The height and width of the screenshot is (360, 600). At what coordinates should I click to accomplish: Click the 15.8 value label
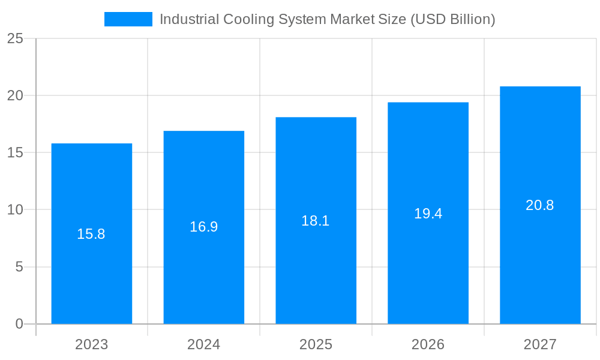tap(91, 234)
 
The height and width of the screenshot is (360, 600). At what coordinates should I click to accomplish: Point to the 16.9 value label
tap(204, 227)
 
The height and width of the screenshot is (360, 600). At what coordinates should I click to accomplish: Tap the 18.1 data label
tap(316, 221)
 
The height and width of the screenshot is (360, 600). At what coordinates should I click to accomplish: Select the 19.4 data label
tap(428, 213)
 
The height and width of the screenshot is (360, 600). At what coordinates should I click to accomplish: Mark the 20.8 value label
tap(540, 205)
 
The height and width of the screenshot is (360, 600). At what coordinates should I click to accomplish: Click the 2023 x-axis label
tap(92, 344)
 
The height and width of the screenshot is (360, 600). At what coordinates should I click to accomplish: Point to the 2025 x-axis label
tap(316, 344)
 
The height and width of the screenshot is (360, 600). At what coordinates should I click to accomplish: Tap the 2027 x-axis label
tap(540, 344)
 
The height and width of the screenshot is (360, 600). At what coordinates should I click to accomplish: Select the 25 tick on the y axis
tap(15, 38)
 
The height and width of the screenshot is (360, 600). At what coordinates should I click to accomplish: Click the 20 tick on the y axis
tap(15, 95)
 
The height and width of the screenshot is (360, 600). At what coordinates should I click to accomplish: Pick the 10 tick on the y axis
tap(15, 210)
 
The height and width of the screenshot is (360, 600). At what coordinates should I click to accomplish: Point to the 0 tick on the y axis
tap(19, 324)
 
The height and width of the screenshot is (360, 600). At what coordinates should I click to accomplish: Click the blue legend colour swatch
tap(128, 19)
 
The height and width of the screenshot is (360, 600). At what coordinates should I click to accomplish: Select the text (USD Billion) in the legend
tap(453, 19)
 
